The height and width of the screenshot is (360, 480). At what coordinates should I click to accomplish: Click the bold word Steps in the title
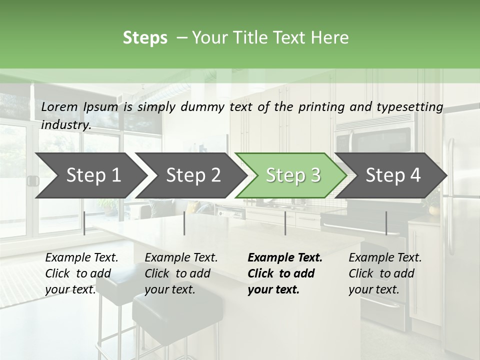tap(145, 38)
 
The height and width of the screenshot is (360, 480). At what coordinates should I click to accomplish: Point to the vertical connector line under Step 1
tap(84, 223)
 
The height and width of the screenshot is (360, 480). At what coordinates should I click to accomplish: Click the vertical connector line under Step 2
tap(184, 223)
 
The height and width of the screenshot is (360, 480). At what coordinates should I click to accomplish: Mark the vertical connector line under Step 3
tap(285, 223)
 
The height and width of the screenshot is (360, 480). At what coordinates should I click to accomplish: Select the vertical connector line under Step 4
tap(386, 223)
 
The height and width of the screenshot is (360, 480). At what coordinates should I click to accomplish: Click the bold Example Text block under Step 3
tap(285, 273)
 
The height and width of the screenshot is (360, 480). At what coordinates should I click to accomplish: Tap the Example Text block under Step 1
tap(81, 273)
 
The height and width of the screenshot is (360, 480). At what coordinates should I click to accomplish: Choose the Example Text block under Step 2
tap(181, 273)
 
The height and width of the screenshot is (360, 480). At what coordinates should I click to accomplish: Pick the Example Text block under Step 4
tap(385, 273)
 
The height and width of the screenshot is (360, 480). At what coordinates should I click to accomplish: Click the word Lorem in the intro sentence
tap(59, 107)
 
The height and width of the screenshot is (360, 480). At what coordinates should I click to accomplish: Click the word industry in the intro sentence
tap(65, 125)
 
